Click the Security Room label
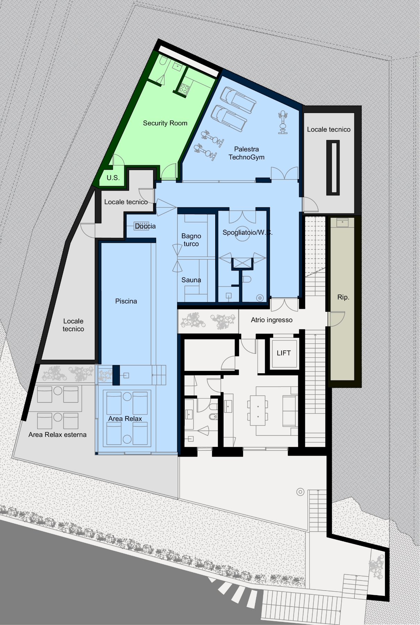point(165,123)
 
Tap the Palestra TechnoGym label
point(246,153)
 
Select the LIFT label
point(284,353)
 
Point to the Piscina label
point(126,301)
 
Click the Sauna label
point(191,280)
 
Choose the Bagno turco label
point(191,240)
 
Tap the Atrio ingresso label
point(272,320)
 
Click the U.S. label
point(113,178)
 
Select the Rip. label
point(343,297)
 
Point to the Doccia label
point(145,226)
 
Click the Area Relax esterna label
point(58,435)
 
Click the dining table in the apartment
point(258,410)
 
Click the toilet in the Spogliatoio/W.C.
point(246,279)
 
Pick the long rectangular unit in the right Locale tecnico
point(333,168)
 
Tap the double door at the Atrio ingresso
point(284,305)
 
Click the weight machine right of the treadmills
point(283,123)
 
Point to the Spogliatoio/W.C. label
point(247,233)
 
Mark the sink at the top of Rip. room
point(343,223)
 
